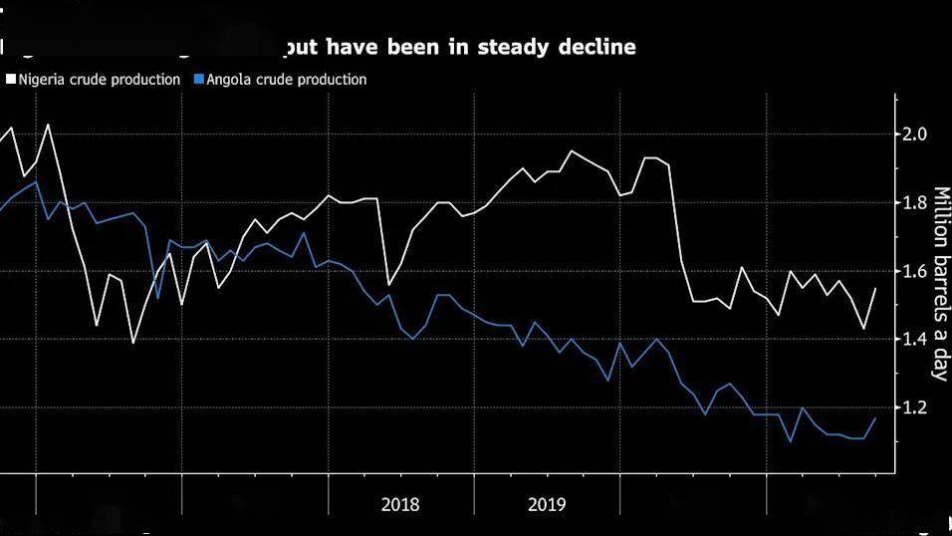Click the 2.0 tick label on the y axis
[915, 134]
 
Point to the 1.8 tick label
[915, 203]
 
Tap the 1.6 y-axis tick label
[915, 271]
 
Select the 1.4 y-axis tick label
[915, 340]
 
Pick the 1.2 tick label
[915, 408]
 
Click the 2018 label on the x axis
[400, 504]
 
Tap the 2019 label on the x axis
[547, 504]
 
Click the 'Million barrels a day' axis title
[938, 283]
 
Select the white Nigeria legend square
[11, 80]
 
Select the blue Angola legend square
[198, 80]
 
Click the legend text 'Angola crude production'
[286, 80]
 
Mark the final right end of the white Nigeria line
[876, 288]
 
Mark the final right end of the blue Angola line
[876, 417]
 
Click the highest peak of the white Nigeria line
[48, 125]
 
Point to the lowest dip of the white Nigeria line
[133, 343]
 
